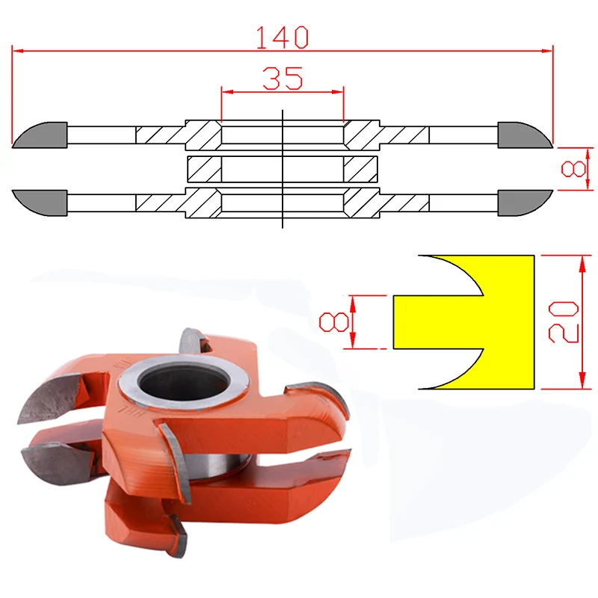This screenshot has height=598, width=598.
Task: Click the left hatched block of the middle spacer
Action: coord(203,168)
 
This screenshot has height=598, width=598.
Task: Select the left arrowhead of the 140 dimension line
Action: coord(19,51)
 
